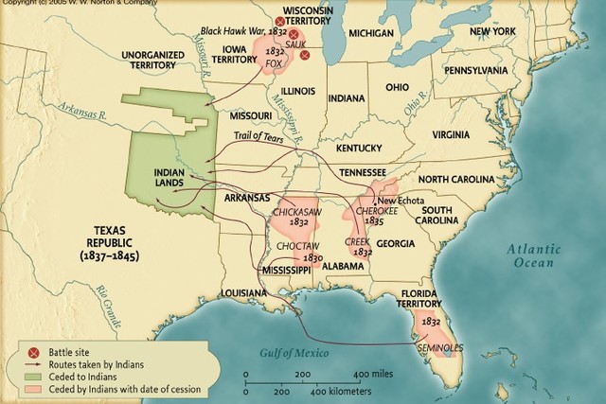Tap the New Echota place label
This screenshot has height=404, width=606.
click(x=401, y=201)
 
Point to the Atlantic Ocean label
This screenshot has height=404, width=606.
click(x=532, y=255)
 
